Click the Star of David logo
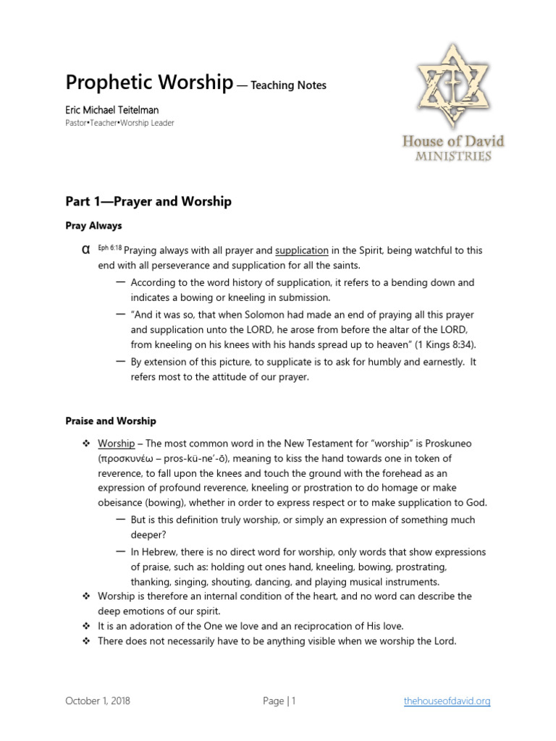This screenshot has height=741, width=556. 452,85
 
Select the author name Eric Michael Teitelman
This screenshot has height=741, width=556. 112,110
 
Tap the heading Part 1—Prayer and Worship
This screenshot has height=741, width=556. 148,201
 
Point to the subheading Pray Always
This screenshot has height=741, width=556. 93,226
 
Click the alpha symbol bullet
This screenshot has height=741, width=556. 85,250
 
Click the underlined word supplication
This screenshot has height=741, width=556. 302,250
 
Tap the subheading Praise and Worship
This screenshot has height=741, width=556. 111,420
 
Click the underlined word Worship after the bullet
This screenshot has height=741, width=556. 116,443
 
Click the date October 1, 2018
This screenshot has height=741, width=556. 98,700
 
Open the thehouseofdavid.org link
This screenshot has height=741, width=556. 447,700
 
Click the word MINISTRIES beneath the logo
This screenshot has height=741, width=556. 453,156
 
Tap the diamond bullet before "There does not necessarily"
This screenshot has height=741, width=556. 85,641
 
